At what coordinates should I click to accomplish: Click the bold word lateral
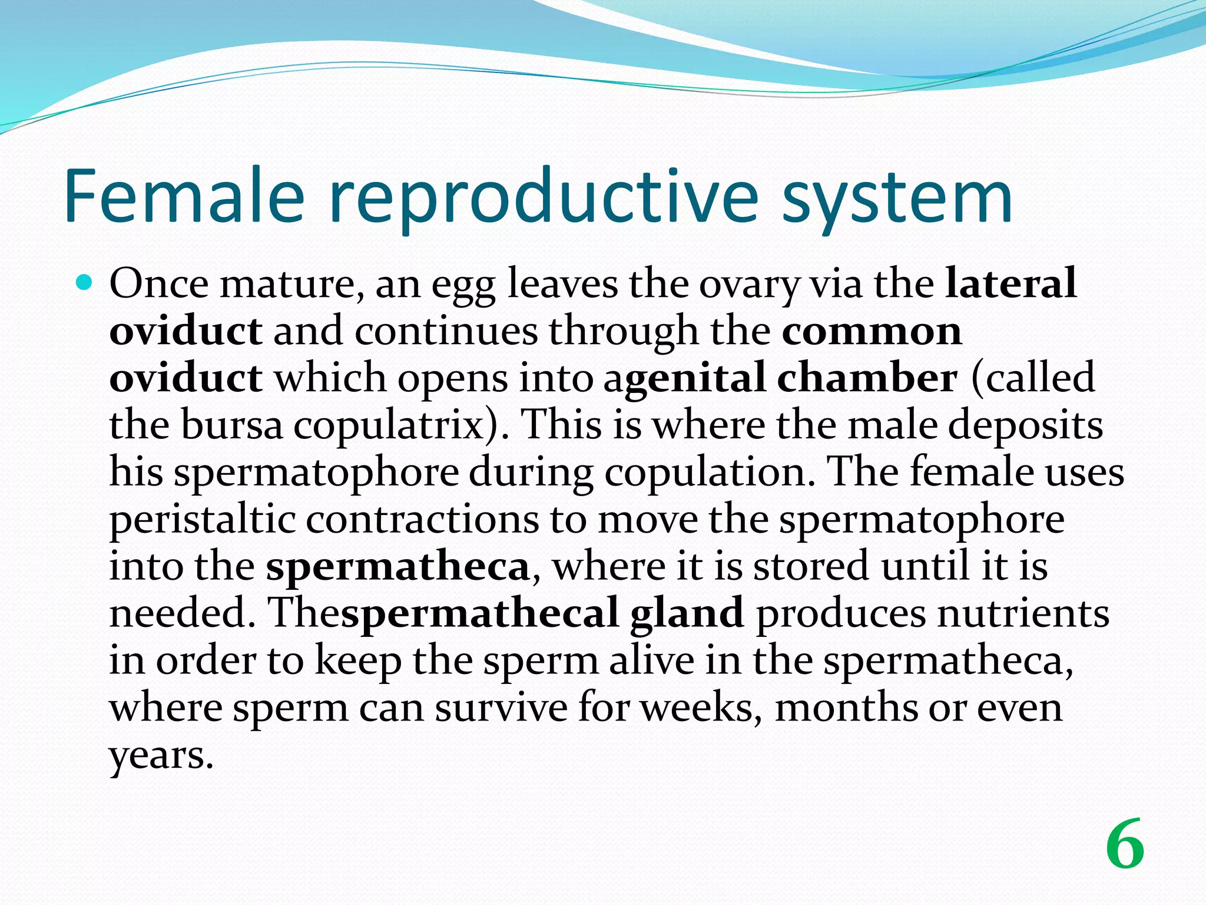[x=1010, y=283]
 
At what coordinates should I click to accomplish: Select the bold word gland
[x=687, y=613]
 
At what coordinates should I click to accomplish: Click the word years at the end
[x=160, y=755]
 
